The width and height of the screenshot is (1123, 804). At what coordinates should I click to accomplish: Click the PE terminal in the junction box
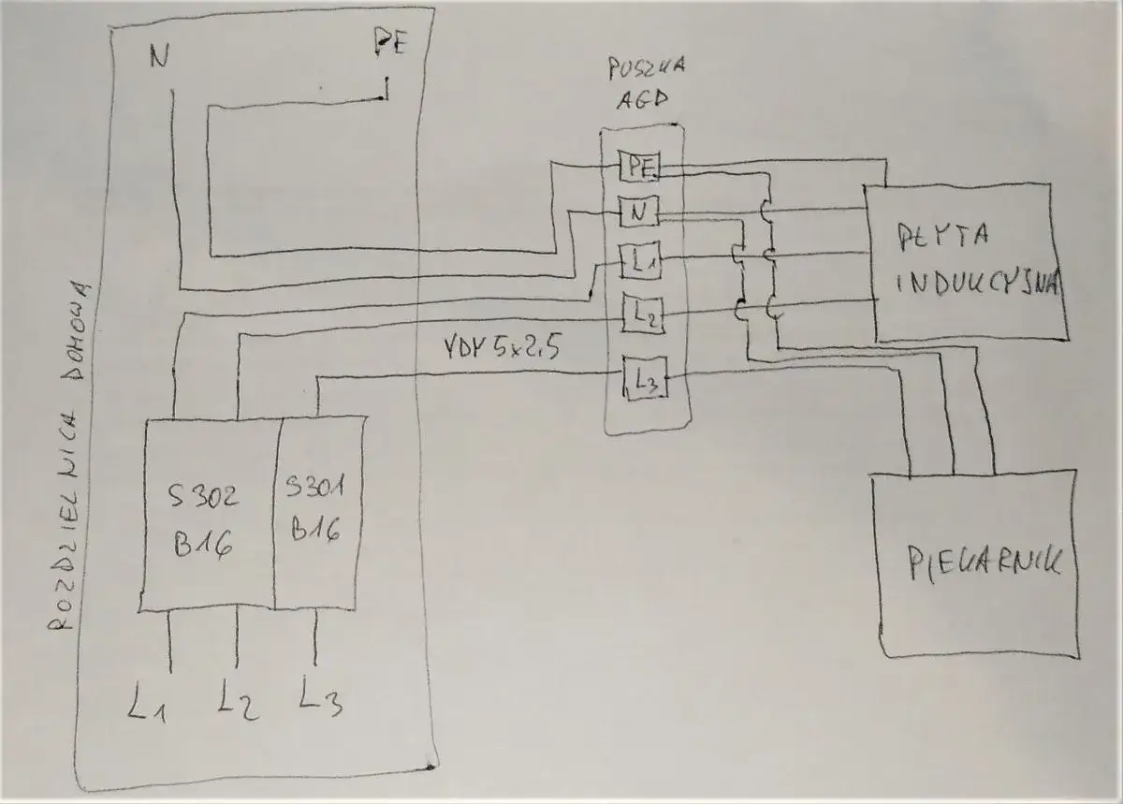coord(640,167)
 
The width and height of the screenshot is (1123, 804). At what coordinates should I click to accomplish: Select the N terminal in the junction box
coord(639,213)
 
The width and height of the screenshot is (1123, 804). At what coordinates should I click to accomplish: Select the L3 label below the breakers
coord(320,697)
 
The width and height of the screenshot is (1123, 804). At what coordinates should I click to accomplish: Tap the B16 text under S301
coord(314,532)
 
